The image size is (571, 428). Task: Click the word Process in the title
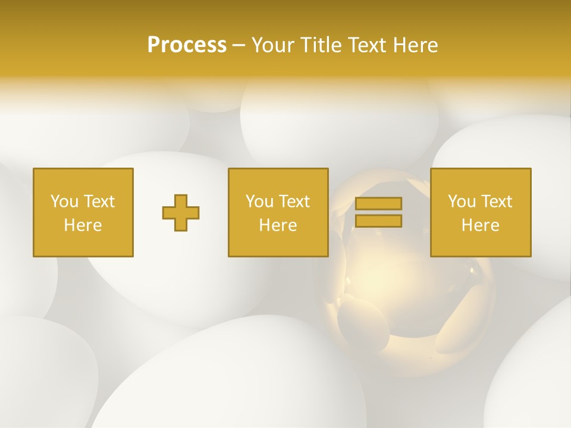click(x=187, y=45)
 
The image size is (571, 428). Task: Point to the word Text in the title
click(x=367, y=45)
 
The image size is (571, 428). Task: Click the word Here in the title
click(x=415, y=45)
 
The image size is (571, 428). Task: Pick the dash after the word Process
click(x=239, y=46)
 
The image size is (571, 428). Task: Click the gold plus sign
click(x=181, y=213)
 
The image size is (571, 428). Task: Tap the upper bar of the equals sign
click(x=378, y=203)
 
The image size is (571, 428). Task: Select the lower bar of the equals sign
click(x=378, y=221)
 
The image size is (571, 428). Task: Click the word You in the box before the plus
click(x=64, y=202)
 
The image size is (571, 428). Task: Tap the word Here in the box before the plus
click(x=83, y=225)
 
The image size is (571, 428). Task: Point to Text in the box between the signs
click(x=294, y=202)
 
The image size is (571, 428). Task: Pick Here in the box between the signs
click(x=278, y=225)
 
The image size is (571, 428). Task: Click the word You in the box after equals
click(x=462, y=202)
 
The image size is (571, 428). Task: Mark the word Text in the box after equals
click(x=497, y=202)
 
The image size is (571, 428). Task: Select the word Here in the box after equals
click(x=481, y=225)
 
